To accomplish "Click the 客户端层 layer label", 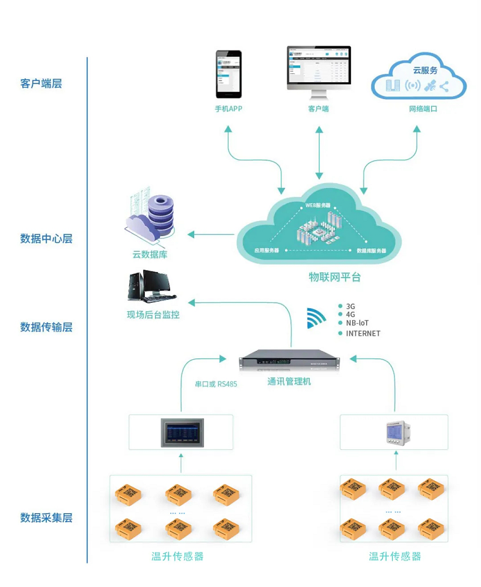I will point(41,84).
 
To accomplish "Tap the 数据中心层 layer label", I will point(46,239).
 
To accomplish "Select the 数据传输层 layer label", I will point(46,327).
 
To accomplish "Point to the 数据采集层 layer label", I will point(46,517).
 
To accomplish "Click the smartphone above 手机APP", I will point(228,74).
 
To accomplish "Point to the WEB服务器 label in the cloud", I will point(318,205).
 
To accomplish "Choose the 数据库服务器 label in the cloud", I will point(371,250).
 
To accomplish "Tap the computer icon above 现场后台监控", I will point(148,286).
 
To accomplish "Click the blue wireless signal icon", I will point(316,318).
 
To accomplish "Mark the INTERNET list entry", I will point(363,333).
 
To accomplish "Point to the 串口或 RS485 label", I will point(216,384).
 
